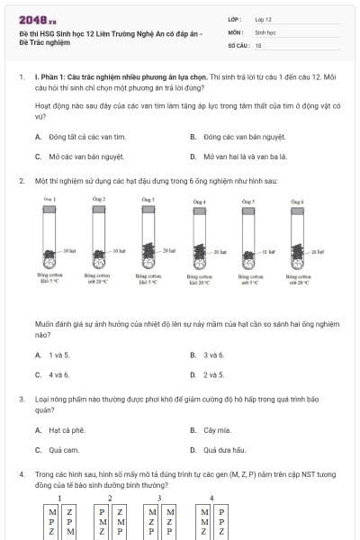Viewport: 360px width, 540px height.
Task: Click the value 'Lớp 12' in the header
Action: pyautogui.click(x=263, y=18)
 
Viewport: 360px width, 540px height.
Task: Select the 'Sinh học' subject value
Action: pyautogui.click(x=265, y=31)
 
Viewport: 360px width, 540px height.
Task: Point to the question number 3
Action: pyautogui.click(x=21, y=398)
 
